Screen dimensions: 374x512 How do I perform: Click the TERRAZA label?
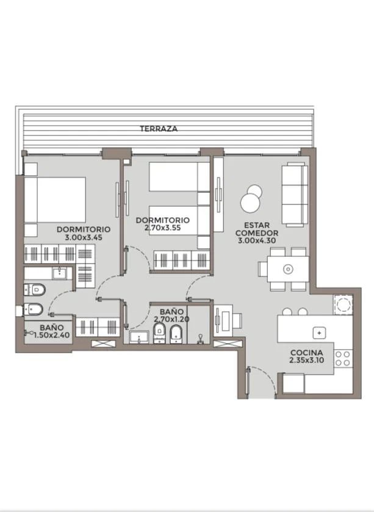159,129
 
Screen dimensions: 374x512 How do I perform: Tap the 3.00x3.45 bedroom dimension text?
84,237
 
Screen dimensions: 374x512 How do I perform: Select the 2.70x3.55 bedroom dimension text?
162,228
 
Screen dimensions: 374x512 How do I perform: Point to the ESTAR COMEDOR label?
257,229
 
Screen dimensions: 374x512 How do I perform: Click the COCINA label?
306,353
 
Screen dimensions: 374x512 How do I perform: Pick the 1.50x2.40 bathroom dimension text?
52,334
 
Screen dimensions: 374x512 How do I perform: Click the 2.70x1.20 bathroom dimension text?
171,319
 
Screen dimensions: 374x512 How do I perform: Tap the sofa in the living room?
295,195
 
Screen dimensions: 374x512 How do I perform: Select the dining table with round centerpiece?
288,269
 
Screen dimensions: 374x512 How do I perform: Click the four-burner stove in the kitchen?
343,358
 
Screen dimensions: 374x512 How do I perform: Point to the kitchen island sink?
319,333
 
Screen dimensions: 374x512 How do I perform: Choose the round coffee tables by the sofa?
251,198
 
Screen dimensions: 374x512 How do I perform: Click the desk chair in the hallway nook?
237,321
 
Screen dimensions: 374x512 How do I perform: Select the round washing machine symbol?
343,305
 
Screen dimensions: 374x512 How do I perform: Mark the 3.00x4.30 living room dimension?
257,240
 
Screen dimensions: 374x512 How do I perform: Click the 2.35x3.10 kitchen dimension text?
306,360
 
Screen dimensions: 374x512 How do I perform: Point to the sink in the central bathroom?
139,337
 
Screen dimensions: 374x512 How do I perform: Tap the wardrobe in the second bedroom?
182,260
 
